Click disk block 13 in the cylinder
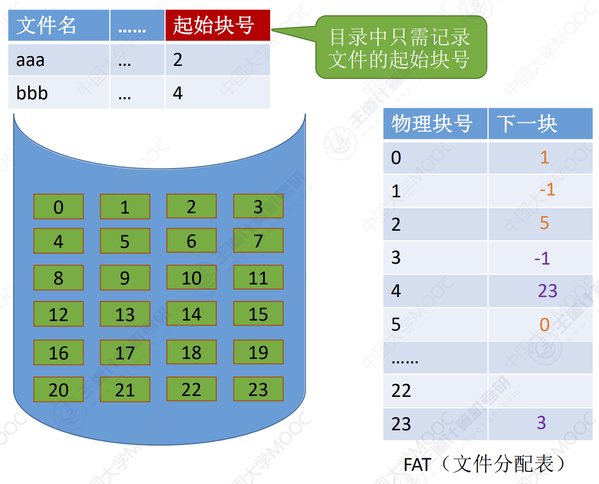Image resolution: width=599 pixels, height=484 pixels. pos(125,314)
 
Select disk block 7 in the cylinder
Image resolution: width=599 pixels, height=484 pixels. pos(258,240)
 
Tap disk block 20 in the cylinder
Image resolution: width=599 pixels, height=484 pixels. pos(58,389)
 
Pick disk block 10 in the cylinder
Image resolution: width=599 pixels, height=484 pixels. pos(192,277)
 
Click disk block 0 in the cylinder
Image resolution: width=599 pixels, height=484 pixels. pos(58,206)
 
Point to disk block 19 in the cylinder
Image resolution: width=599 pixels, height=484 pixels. pos(258,352)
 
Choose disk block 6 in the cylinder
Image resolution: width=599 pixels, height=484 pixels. pos(192,240)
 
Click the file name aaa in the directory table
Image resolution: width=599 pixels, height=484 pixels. pos(30,60)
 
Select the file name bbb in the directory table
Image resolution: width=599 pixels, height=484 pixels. pos(32,93)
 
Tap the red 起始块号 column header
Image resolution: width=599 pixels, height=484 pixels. pos(214,25)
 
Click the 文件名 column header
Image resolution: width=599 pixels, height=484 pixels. pos(46,25)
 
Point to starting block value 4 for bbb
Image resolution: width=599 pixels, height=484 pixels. pos(178,93)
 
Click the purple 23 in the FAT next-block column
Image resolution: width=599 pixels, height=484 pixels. pos(548,291)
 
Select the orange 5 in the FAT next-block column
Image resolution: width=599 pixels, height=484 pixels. pos(544,223)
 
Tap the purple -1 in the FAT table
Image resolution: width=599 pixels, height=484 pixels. pos(542,258)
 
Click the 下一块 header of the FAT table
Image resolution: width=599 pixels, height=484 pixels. pos(527,124)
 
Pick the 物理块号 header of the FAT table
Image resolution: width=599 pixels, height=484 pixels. pos(432,124)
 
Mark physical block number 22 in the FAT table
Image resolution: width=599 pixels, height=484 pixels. pos(401,391)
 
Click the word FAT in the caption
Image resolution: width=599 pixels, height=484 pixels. pos(417,464)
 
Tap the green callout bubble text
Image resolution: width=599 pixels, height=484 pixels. pos(399,48)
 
